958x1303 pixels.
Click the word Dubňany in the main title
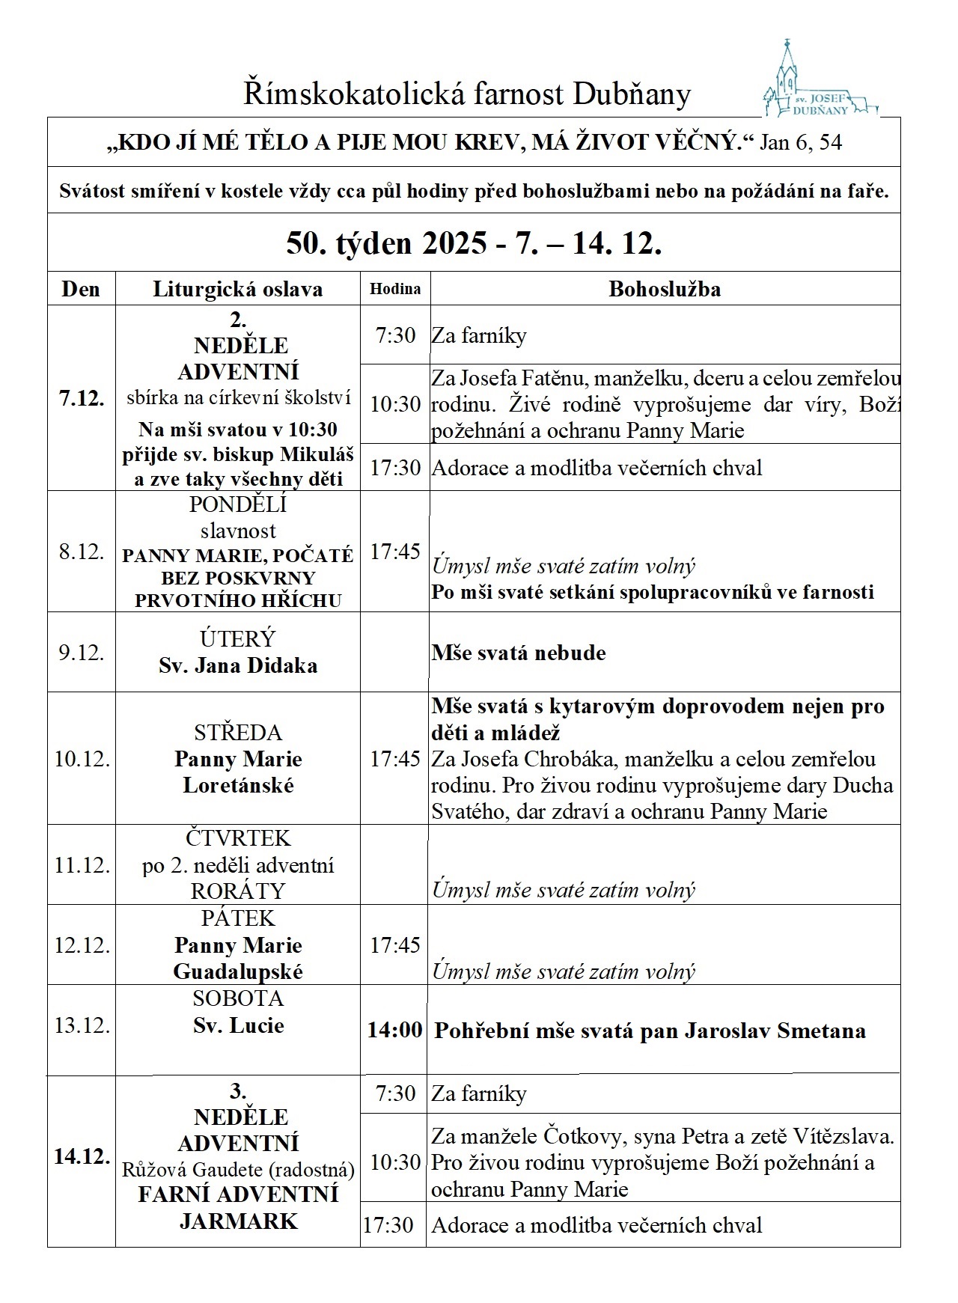[632, 95]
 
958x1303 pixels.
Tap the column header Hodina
[395, 289]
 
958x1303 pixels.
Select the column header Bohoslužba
[665, 289]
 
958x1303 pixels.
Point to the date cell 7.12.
[82, 398]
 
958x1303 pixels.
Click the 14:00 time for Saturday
[394, 1031]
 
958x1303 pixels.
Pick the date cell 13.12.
[82, 1025]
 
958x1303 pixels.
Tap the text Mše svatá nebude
[519, 653]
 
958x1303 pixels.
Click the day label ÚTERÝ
[238, 638]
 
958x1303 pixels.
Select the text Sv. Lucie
[238, 1025]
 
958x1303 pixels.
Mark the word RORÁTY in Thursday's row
[238, 891]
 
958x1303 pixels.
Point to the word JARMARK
[238, 1221]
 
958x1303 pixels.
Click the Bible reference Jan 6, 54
[801, 142]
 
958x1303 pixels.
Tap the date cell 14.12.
[82, 1157]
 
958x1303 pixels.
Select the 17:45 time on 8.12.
[395, 552]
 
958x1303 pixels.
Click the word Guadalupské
[238, 972]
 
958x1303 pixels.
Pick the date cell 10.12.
[82, 759]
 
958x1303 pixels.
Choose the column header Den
[81, 289]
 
